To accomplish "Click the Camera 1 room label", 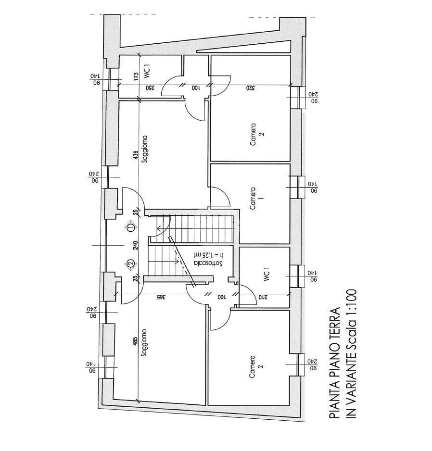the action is (253, 199).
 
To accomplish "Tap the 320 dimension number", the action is (250, 88).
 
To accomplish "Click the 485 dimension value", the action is (136, 341).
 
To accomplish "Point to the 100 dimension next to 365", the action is (221, 298).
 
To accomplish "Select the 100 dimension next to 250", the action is (196, 88).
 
